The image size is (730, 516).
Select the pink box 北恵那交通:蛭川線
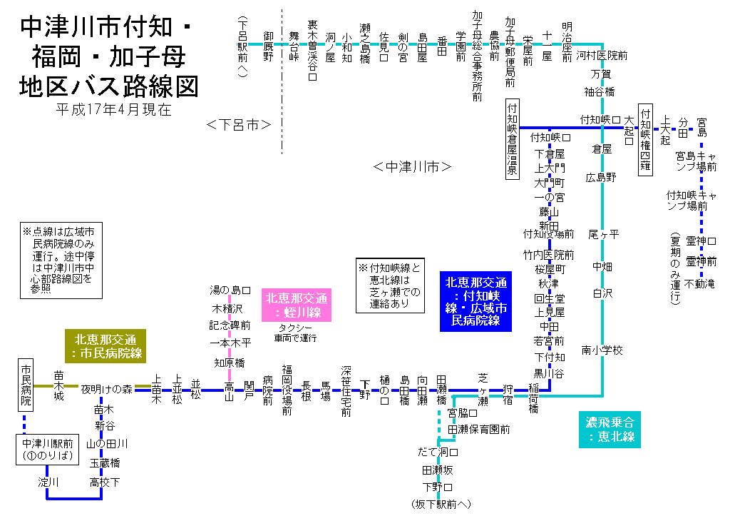[299, 305]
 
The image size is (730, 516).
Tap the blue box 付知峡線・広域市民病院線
[476, 302]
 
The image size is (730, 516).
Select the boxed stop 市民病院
[26, 385]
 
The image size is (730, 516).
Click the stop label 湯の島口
[230, 290]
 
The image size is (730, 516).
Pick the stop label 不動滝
[701, 284]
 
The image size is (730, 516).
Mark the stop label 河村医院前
[602, 55]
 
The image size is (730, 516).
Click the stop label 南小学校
[602, 350]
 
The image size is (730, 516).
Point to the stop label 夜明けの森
[106, 389]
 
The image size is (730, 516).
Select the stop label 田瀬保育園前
[479, 430]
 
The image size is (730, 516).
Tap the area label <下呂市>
[238, 125]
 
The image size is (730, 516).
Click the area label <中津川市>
[413, 167]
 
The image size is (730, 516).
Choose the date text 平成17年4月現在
[113, 110]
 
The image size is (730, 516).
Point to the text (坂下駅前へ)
[441, 505]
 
